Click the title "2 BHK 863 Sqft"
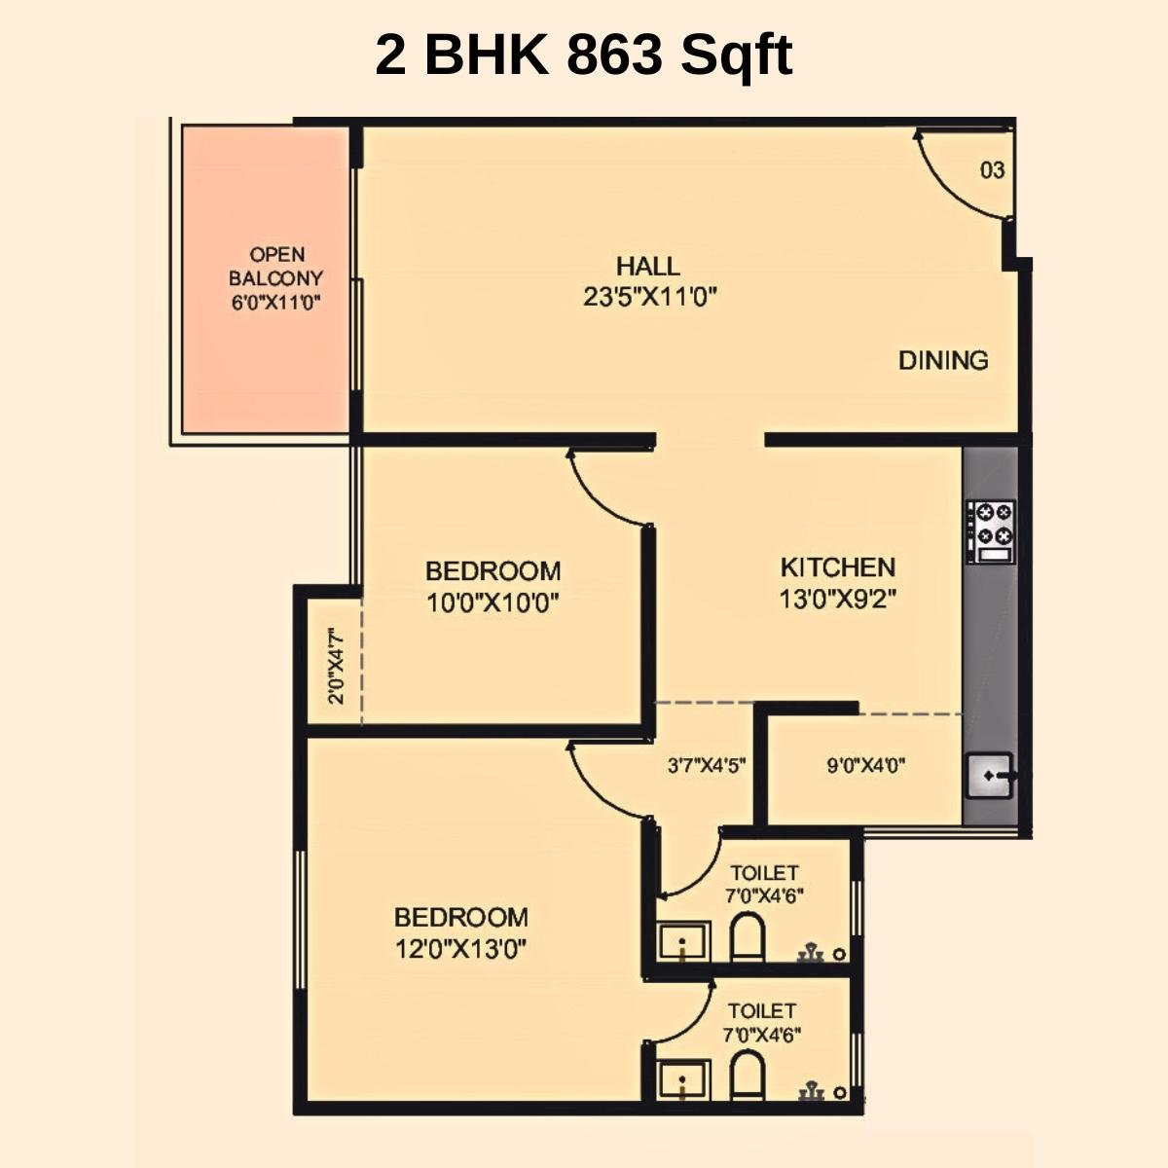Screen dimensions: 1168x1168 (x=583, y=55)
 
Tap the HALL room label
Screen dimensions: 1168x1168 (x=647, y=266)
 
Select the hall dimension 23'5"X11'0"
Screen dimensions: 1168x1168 (x=650, y=298)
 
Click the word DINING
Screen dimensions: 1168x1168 (x=942, y=360)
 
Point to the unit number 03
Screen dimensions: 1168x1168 (x=991, y=170)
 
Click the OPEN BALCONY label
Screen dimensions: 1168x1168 (x=276, y=267)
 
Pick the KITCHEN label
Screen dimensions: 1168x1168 (x=837, y=566)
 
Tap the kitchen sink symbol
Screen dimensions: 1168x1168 (x=990, y=776)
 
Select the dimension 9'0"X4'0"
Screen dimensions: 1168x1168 (x=865, y=766)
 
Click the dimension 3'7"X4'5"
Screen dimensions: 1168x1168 (x=706, y=766)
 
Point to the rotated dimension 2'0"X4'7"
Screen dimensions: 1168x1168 (x=336, y=666)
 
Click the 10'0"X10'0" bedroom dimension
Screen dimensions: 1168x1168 (x=493, y=603)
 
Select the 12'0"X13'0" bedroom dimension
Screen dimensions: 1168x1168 (x=461, y=949)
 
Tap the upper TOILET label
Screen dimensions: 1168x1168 (x=764, y=873)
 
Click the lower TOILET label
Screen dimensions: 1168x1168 (x=761, y=1011)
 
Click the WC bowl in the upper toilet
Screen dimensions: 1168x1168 (x=748, y=937)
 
